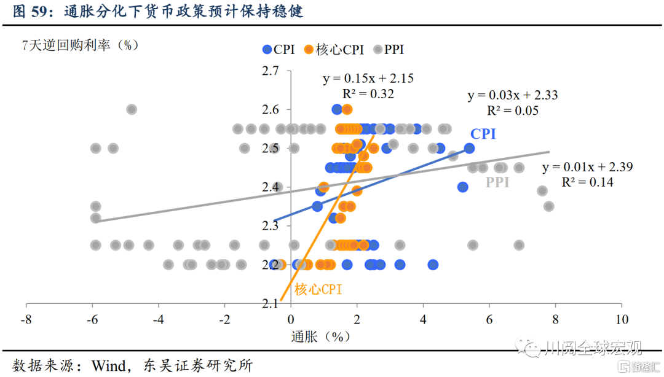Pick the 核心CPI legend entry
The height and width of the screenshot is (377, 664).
tap(335, 50)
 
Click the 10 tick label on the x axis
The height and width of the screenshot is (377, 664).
tap(622, 319)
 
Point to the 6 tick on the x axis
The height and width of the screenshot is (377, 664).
tap(489, 319)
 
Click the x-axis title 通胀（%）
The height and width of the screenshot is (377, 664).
tap(320, 336)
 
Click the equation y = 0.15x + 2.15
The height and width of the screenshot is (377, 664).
tap(368, 79)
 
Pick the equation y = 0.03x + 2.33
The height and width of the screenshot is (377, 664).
tap(513, 95)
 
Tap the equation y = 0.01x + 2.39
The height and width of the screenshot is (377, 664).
tap(587, 167)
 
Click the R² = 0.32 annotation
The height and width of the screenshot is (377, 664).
tap(368, 93)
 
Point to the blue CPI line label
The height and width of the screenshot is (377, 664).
tap(483, 134)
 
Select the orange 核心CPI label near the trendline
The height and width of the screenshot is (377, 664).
tap(318, 289)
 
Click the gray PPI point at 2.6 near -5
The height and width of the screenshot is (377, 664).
tap(132, 109)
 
